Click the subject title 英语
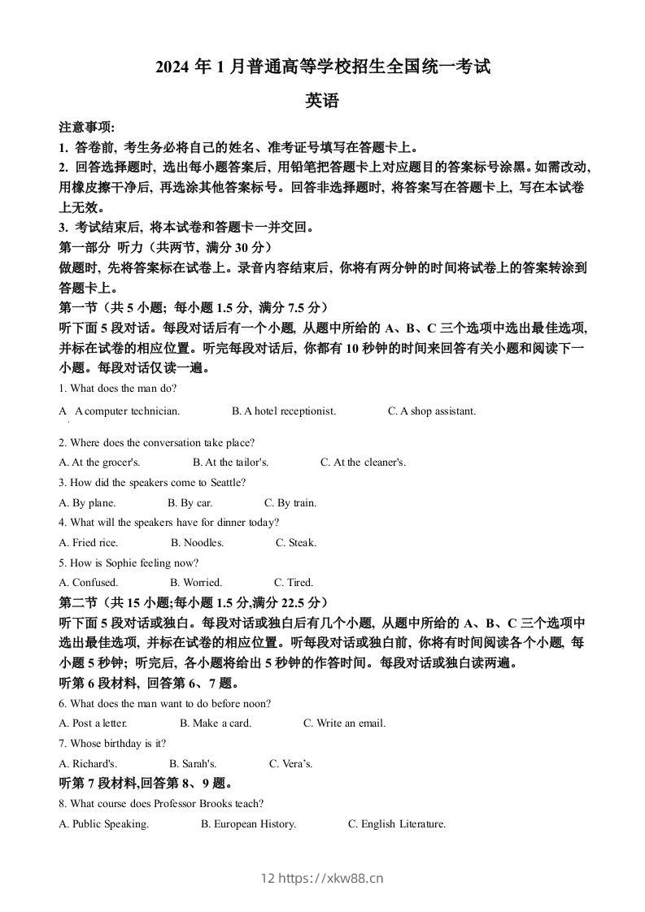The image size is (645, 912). [321, 101]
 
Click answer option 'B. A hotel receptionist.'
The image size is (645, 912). [283, 411]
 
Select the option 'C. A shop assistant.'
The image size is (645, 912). [432, 411]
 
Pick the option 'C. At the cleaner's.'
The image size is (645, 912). [363, 463]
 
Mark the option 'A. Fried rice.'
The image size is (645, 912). [89, 543]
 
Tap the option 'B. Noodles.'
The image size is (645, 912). [197, 543]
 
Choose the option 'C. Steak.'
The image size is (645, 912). [296, 543]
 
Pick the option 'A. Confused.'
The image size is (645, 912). [89, 583]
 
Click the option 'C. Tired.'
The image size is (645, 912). [294, 583]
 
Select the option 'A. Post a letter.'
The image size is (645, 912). [94, 723]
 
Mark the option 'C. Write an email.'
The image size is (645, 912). [344, 723]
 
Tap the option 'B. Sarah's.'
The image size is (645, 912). [193, 764]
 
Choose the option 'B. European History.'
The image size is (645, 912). [248, 824]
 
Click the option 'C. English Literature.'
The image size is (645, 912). [397, 824]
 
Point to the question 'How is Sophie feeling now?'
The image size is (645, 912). [129, 562]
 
